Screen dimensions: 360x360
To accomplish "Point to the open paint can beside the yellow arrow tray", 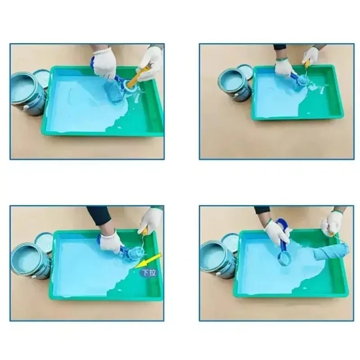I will click(x=28, y=260).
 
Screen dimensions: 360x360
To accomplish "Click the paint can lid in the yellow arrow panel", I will click(x=44, y=241).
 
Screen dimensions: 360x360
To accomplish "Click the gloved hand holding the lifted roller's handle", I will click(x=331, y=222).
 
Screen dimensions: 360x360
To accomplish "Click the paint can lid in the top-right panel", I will click(x=245, y=72).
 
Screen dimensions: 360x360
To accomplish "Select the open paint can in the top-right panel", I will click(x=234, y=84).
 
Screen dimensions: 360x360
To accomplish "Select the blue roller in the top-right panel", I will click(x=300, y=83).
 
